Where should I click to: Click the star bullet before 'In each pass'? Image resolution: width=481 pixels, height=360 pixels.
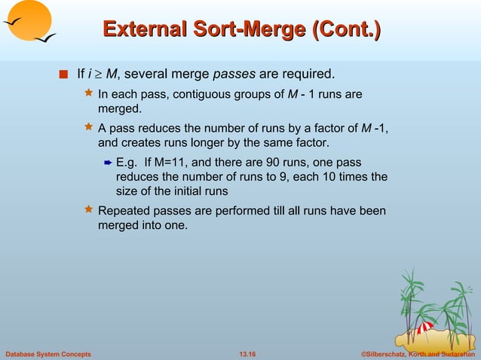point(88,95)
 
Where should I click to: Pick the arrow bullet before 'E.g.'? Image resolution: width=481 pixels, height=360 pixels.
point(107,163)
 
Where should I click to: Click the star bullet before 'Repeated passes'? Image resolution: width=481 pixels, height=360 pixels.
point(88,211)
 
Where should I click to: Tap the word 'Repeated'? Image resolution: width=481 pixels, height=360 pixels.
point(124,211)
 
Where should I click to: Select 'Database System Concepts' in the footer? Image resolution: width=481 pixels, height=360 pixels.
point(47,353)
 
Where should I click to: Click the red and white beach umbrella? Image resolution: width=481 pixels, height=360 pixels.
point(425,328)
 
